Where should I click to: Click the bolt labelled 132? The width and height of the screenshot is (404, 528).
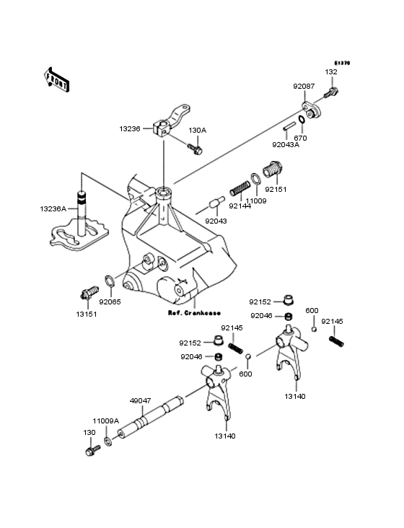(333, 92)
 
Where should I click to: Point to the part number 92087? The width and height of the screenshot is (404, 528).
(303, 87)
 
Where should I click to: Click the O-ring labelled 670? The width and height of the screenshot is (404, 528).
(299, 120)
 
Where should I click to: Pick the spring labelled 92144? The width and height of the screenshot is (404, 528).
(239, 190)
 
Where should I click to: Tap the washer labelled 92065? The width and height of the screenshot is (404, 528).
(108, 281)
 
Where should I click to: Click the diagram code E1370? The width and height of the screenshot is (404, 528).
(341, 63)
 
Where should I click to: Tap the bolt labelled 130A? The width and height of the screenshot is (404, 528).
(196, 149)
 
